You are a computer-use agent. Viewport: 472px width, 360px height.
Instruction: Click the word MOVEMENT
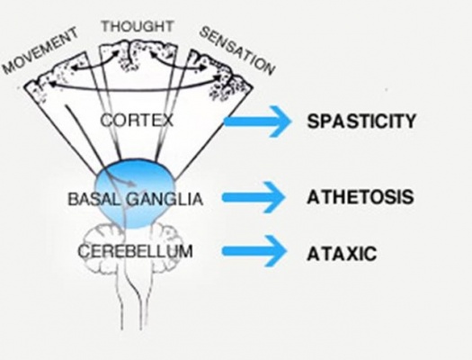pyautogui.click(x=40, y=50)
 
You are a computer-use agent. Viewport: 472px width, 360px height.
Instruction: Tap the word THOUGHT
pyautogui.click(x=138, y=26)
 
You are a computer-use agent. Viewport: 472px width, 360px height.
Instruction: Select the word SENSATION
pyautogui.click(x=237, y=50)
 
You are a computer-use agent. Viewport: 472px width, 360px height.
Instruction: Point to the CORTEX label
pyautogui.click(x=137, y=121)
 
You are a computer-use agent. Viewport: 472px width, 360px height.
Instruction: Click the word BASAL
pyautogui.click(x=94, y=199)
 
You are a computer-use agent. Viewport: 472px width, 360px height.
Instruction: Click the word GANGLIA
pyautogui.click(x=164, y=199)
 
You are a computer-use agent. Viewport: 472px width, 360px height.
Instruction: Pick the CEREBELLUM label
pyautogui.click(x=135, y=251)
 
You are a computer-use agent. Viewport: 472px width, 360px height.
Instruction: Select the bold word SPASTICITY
pyautogui.click(x=361, y=121)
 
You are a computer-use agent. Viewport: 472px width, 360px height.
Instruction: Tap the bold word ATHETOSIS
pyautogui.click(x=360, y=197)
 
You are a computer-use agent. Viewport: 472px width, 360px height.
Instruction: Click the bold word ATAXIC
pyautogui.click(x=342, y=254)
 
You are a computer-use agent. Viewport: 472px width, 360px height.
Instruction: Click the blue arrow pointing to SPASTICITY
pyautogui.click(x=258, y=121)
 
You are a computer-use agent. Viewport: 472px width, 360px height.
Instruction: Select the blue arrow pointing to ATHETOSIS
pyautogui.click(x=254, y=197)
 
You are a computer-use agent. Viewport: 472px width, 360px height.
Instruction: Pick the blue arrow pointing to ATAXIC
pyautogui.click(x=254, y=251)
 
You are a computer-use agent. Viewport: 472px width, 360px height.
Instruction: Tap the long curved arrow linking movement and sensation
pyautogui.click(x=136, y=88)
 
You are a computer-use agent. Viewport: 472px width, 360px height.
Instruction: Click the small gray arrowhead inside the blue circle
pyautogui.click(x=131, y=184)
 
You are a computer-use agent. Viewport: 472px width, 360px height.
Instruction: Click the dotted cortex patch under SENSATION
pyautogui.click(x=227, y=80)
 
